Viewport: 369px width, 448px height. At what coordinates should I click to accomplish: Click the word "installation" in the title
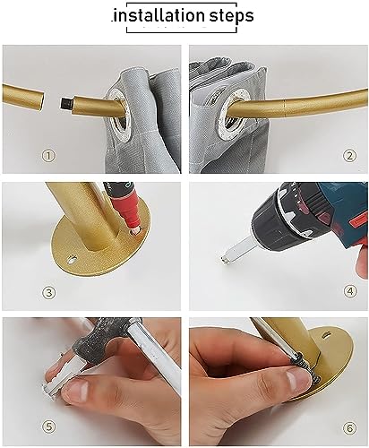point(158,15)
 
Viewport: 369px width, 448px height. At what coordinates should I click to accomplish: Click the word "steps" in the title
point(231,16)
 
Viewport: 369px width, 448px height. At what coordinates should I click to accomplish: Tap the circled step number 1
point(48,156)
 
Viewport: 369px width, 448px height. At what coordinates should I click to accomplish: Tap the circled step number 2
point(349,156)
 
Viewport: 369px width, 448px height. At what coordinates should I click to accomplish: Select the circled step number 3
point(48,293)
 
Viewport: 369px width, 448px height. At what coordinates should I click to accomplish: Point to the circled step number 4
point(350,291)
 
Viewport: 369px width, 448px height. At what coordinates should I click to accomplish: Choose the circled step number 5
point(48,426)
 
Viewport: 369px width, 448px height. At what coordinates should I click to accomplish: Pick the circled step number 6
point(349,428)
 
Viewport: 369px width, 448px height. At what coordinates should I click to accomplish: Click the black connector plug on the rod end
point(66,103)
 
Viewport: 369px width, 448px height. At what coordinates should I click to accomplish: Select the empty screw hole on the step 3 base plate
point(72,259)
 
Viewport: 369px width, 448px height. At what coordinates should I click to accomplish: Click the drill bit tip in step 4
point(226,260)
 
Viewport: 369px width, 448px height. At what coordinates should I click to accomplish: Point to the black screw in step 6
point(306,368)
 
